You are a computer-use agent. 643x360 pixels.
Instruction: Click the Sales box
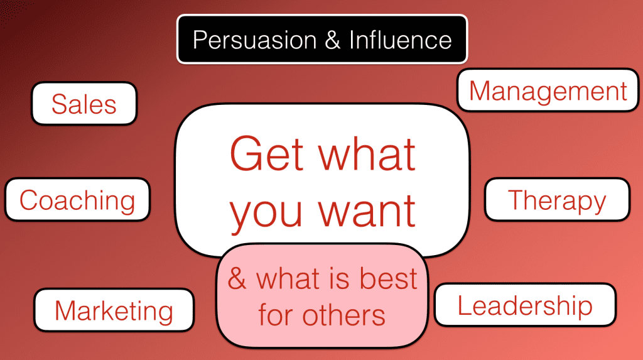point(84,104)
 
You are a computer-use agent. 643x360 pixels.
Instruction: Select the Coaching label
point(77,200)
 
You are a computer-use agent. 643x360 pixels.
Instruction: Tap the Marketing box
point(114,310)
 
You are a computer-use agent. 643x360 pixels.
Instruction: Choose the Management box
point(548,90)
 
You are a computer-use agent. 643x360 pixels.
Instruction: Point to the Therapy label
point(557,200)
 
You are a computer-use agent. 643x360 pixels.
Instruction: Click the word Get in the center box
point(268,154)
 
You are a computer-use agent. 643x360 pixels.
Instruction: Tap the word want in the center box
point(367,210)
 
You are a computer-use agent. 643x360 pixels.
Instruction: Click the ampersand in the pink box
point(237,279)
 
